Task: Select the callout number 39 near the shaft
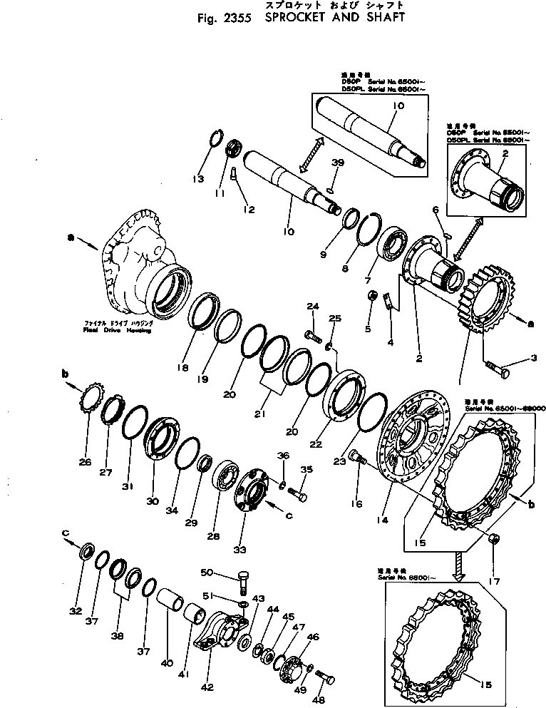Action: click(337, 163)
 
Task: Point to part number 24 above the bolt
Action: click(311, 307)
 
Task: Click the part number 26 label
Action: click(86, 462)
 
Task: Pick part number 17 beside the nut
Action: click(492, 582)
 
